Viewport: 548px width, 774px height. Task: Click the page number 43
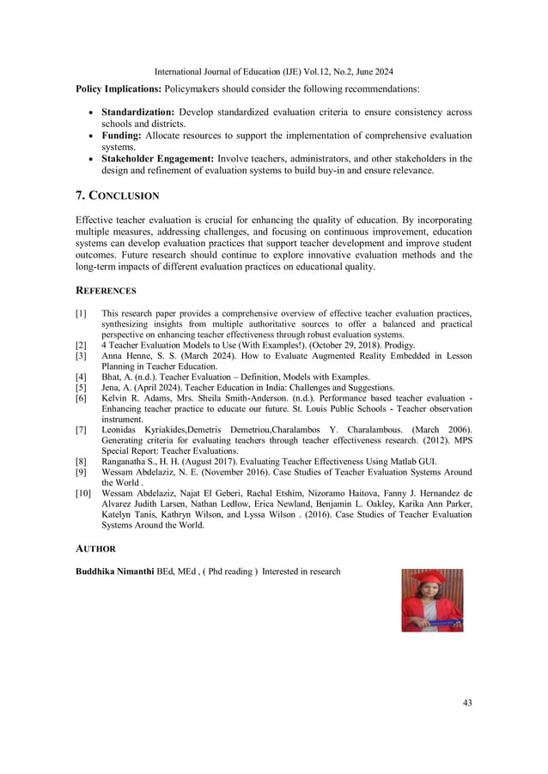point(467,704)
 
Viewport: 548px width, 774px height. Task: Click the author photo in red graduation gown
point(432,600)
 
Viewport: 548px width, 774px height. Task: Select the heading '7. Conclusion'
point(118,197)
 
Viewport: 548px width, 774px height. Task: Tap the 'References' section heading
point(106,291)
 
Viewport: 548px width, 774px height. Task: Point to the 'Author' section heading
point(95,548)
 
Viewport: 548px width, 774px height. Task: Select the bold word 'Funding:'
point(123,136)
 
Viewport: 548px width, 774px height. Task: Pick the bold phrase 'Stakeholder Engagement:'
point(158,159)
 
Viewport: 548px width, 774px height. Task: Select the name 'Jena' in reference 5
point(112,388)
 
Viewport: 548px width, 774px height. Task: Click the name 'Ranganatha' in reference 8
point(125,461)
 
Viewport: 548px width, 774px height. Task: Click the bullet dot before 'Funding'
point(90,136)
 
